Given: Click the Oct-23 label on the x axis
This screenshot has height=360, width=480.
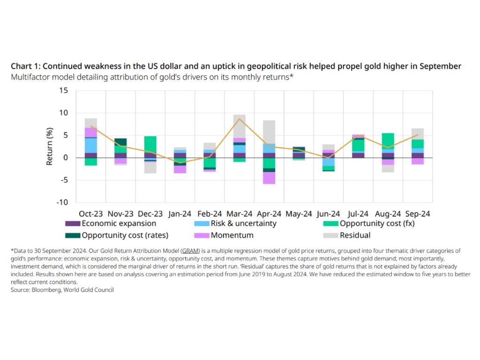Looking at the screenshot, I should click(x=91, y=214).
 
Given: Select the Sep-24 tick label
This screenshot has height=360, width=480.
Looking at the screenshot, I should click(x=417, y=214).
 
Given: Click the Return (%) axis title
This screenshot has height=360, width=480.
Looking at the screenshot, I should click(x=50, y=146).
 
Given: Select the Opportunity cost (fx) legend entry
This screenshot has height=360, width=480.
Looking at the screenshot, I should click(x=377, y=224).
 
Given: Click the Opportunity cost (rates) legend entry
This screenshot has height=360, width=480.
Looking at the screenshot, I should click(x=124, y=235).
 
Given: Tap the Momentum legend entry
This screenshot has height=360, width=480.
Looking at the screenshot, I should click(x=232, y=235).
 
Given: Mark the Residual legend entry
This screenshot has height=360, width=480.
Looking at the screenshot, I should click(x=355, y=235).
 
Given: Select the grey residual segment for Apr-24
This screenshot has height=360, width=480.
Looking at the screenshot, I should click(x=269, y=132).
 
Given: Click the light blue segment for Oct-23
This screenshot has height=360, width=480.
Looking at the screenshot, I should click(x=90, y=145).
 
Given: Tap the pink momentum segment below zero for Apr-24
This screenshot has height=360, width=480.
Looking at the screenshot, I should click(x=269, y=178).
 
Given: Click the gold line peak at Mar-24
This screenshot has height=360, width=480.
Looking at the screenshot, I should click(x=239, y=119).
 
